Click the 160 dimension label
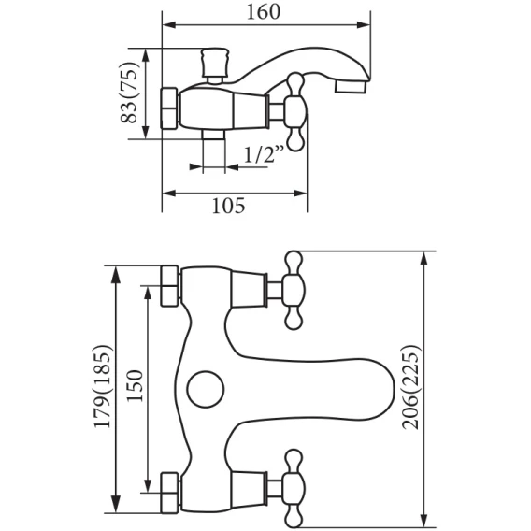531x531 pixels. [263, 12]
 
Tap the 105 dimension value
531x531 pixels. [228, 206]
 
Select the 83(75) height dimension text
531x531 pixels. [130, 93]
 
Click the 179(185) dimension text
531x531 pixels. [102, 387]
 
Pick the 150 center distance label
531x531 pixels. [135, 386]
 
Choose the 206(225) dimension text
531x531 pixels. [410, 387]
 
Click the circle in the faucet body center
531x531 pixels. [206, 389]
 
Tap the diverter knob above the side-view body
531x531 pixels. [215, 66]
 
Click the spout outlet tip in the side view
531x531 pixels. [351, 86]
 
